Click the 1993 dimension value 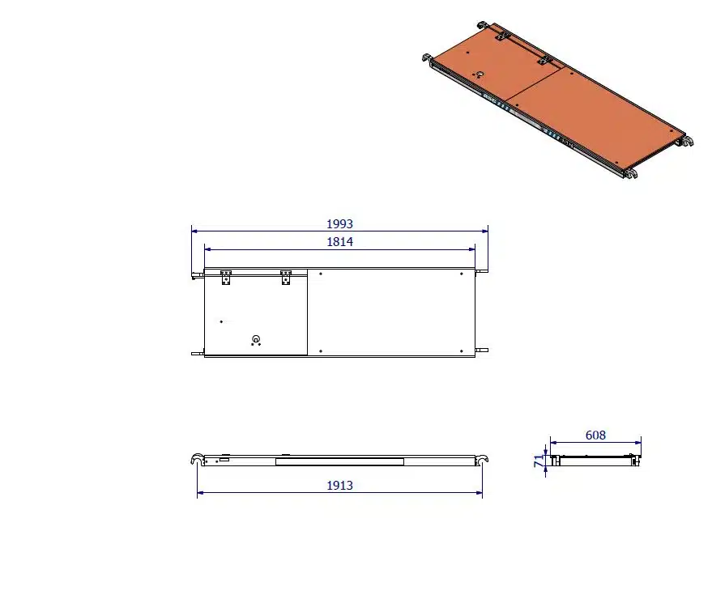click(339, 223)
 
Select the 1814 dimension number click(339, 241)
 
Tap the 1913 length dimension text click(339, 486)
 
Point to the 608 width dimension click(595, 435)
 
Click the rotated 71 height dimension click(538, 461)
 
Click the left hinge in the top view click(226, 278)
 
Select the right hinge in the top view click(285, 278)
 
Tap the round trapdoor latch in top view click(256, 339)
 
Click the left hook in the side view click(197, 460)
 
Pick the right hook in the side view click(483, 460)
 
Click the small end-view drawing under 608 click(595, 460)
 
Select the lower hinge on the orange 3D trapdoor click(546, 60)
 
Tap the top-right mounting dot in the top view click(461, 274)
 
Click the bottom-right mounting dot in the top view click(461, 351)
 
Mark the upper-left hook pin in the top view click(196, 277)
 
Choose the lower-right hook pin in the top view click(483, 350)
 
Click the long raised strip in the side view click(339, 461)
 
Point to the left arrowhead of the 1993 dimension click(193, 231)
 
